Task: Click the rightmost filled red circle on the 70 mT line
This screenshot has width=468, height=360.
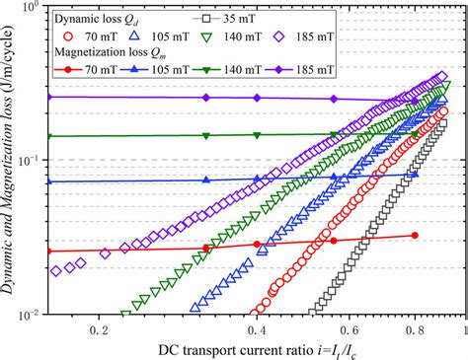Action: point(415,236)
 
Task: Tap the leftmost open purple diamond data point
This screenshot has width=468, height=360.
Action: point(56,269)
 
